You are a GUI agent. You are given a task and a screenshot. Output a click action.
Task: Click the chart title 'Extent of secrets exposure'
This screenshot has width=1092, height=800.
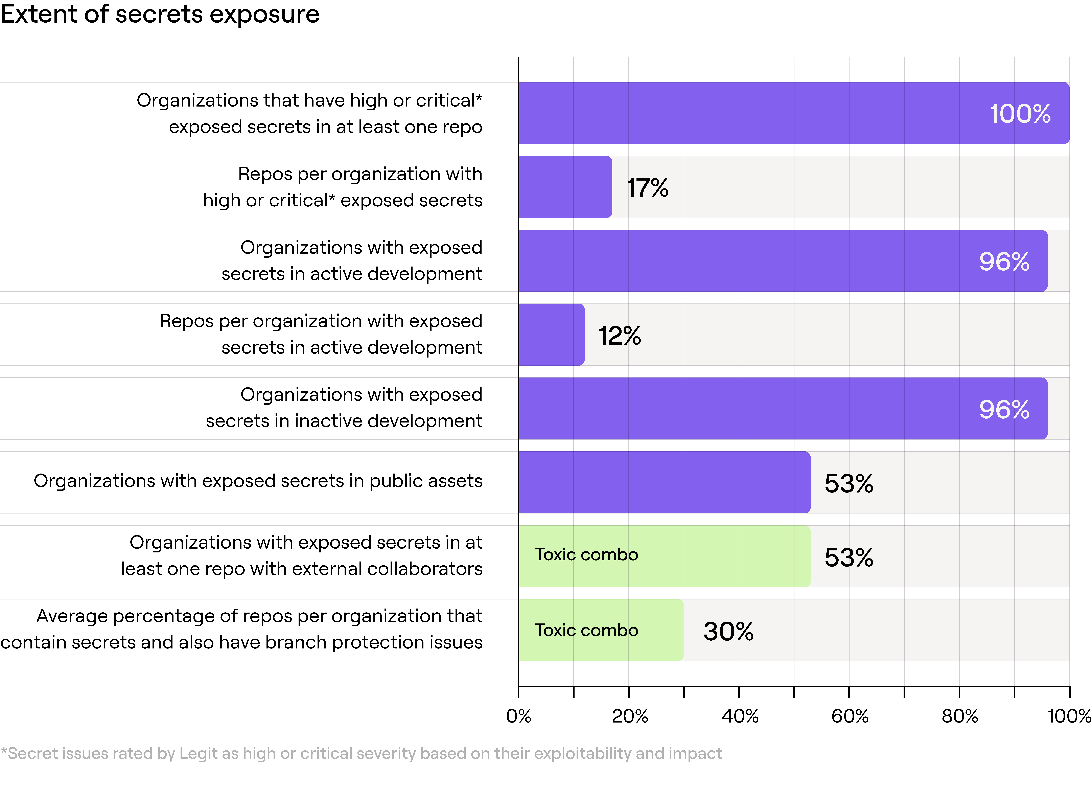coord(160,14)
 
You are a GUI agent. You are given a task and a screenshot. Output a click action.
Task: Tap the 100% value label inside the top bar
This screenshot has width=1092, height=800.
coord(1020,114)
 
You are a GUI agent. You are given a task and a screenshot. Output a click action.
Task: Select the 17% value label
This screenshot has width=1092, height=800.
coord(647,188)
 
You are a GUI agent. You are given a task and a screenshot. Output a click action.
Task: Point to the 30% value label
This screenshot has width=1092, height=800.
coord(728,632)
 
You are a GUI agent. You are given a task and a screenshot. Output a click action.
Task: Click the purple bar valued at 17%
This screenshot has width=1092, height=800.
coord(565,187)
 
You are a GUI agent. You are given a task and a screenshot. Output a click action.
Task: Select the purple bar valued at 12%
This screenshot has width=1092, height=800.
coord(552,335)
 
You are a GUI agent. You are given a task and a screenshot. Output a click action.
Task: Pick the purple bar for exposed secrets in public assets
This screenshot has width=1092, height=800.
coord(664,482)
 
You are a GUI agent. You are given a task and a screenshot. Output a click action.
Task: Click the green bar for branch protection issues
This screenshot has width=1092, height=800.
coord(601,630)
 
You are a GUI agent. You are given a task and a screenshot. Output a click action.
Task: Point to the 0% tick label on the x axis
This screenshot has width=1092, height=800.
coord(519,716)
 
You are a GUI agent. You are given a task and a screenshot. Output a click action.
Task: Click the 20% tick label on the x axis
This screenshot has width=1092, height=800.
coord(630,716)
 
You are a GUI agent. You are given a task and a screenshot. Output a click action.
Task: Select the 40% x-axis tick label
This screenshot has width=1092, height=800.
coord(739,716)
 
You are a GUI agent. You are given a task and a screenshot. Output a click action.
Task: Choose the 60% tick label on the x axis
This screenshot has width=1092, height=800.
coord(850,716)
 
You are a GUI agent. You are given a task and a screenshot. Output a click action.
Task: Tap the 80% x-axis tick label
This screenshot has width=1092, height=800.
coord(960,716)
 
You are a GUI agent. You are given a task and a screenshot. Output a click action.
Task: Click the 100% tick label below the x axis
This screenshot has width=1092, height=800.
coord(1069,716)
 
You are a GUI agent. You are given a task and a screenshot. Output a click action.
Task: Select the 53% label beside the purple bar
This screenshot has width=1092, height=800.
coord(849,483)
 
